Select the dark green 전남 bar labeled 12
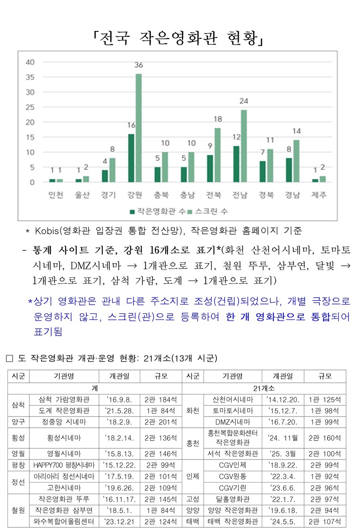point(237,164)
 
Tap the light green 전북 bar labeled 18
point(218,155)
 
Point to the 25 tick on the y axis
point(30,107)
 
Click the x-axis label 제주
point(318,195)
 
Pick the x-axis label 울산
point(82,195)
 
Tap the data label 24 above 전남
point(244,101)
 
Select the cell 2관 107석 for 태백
point(325,521)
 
